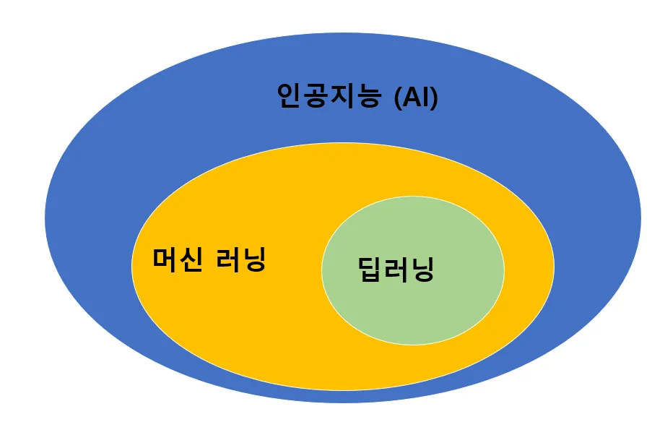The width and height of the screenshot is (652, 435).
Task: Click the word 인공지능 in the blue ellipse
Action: [x=329, y=96]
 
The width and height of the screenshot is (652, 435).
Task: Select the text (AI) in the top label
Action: [x=416, y=98]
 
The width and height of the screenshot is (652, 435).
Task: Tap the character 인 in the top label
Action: [x=290, y=96]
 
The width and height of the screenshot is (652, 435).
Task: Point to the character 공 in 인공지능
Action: [x=316, y=96]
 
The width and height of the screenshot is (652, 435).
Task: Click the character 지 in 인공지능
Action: [x=342, y=96]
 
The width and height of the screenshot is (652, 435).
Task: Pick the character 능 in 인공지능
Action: [x=368, y=96]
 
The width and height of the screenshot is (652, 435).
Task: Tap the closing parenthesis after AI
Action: [x=434, y=98]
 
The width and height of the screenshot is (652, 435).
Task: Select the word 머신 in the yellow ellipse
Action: [x=178, y=259]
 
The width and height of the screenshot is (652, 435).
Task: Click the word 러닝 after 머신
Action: [x=240, y=260]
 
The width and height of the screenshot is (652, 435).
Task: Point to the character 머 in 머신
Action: [x=165, y=259]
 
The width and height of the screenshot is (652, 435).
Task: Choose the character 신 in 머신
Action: [x=191, y=259]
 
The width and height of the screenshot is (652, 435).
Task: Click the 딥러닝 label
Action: [x=396, y=270]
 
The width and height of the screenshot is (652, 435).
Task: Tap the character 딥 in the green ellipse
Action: [x=371, y=270]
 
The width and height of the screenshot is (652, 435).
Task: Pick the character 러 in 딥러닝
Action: [x=396, y=270]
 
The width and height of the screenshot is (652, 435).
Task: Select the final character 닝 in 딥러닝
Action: [x=422, y=270]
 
